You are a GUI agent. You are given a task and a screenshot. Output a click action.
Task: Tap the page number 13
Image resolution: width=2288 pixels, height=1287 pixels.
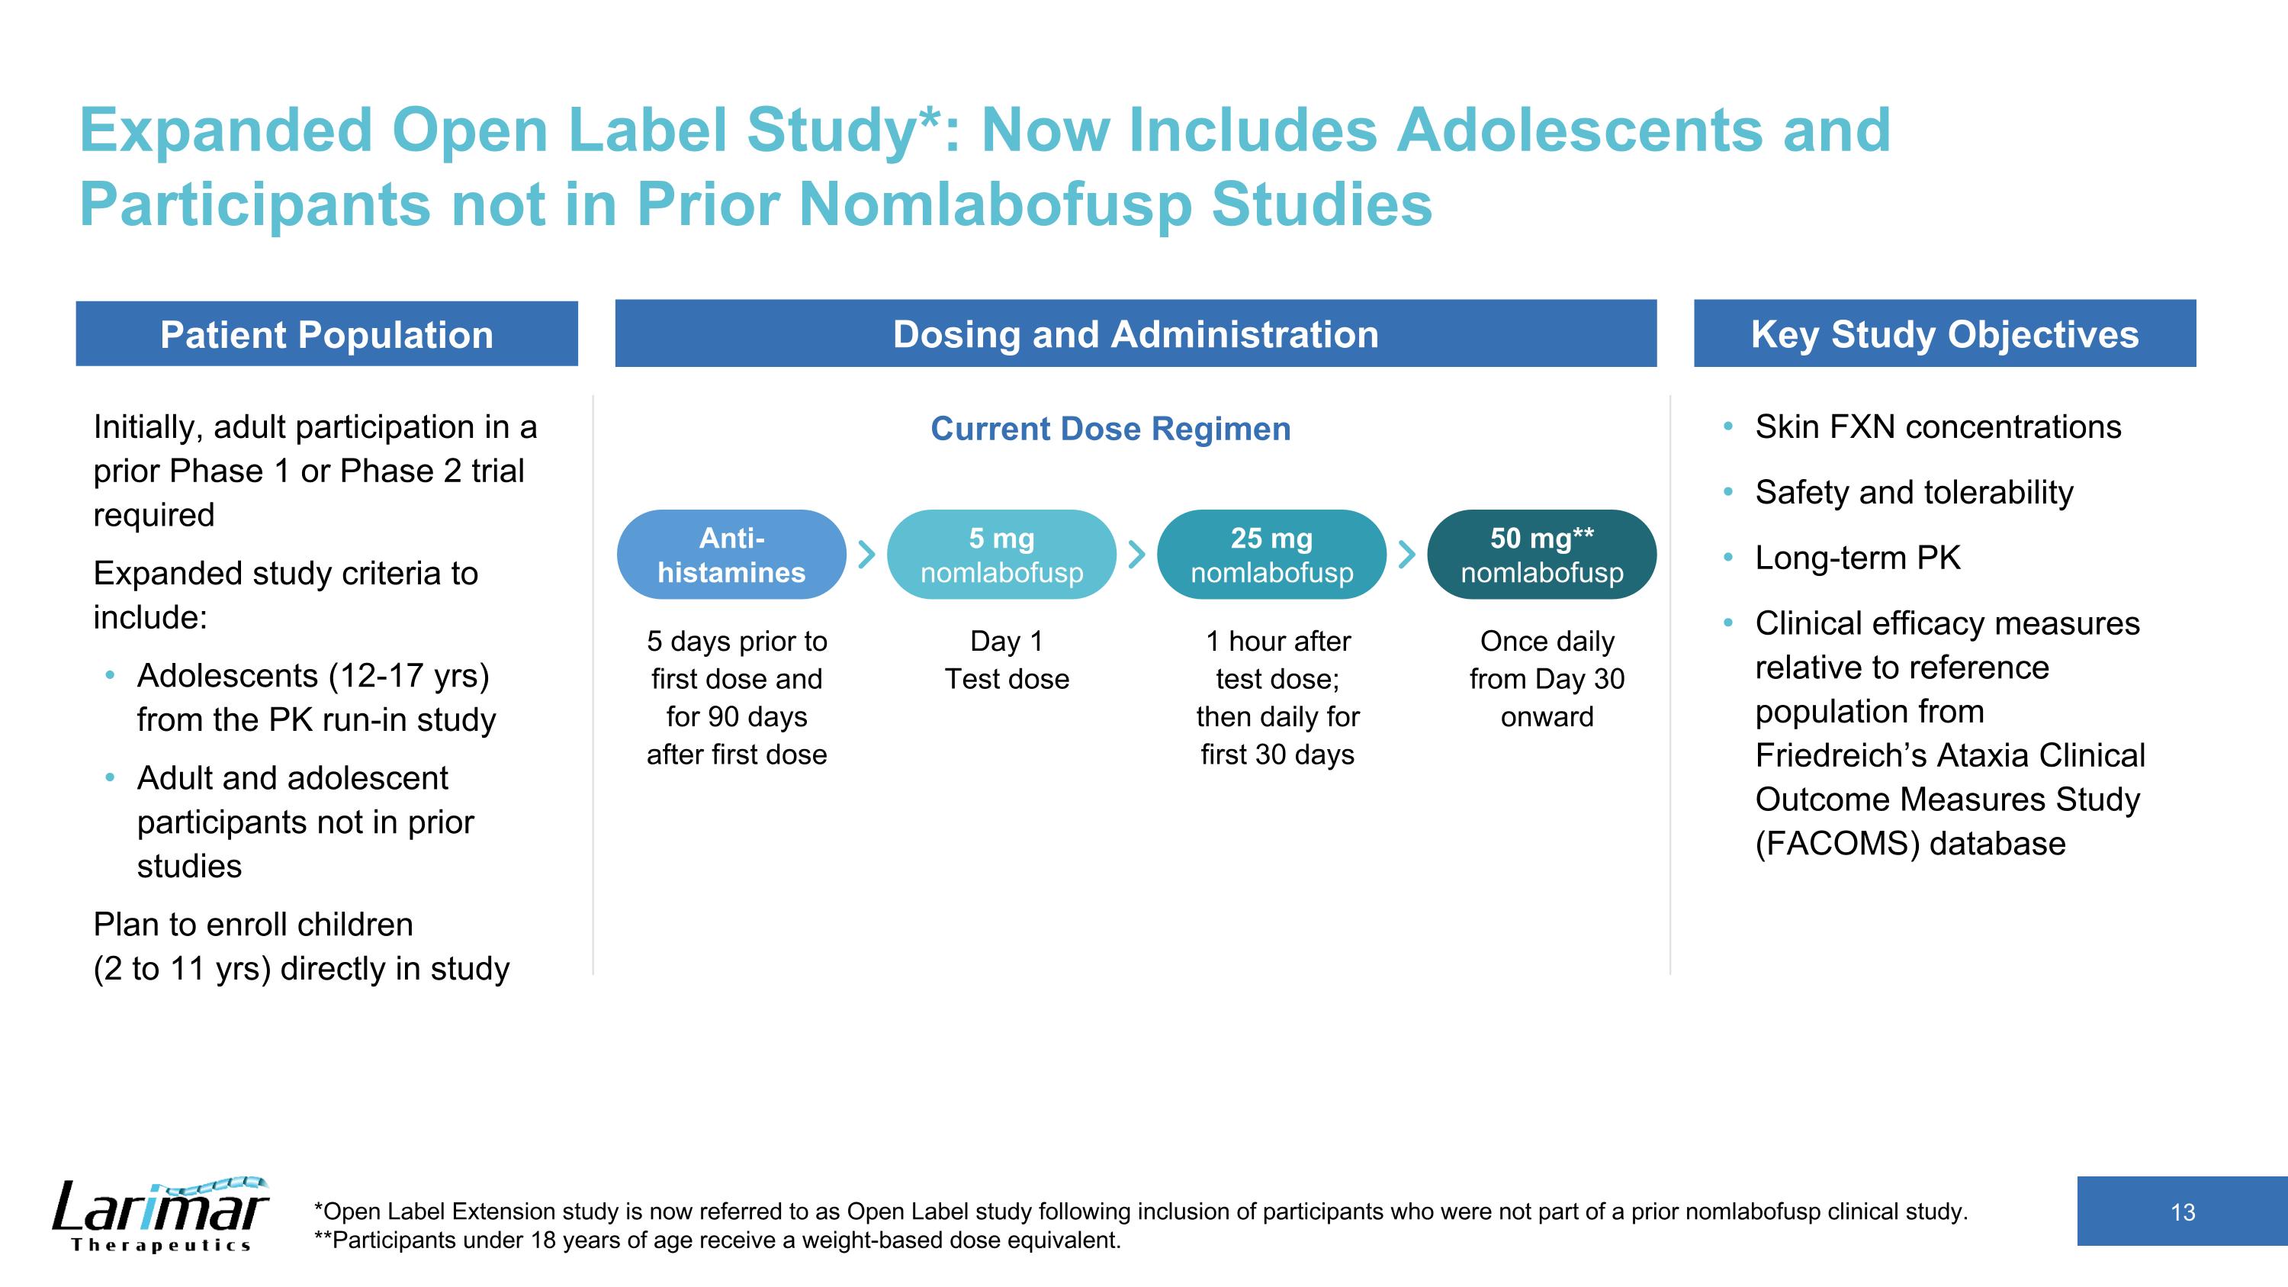(2181, 1212)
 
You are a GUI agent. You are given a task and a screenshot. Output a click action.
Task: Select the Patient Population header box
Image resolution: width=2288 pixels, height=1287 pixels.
(327, 335)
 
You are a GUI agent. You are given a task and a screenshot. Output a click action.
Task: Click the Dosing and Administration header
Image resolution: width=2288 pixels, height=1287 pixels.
(1135, 335)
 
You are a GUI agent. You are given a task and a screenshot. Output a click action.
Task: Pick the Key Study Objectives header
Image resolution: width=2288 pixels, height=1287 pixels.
(1944, 335)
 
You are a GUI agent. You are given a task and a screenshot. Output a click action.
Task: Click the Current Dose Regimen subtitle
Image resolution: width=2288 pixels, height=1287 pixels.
(1110, 429)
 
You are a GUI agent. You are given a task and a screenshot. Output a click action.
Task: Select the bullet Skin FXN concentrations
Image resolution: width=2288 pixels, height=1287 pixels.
(1937, 427)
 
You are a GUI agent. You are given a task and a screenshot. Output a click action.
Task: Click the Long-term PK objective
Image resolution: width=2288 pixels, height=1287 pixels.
(1857, 558)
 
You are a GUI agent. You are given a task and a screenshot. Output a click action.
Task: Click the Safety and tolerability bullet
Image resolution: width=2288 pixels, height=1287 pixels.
(1914, 492)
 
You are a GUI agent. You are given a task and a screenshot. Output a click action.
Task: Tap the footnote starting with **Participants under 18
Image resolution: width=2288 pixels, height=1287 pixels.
(718, 1240)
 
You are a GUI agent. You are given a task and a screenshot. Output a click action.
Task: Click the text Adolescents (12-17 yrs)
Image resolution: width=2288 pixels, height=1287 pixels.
(313, 676)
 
